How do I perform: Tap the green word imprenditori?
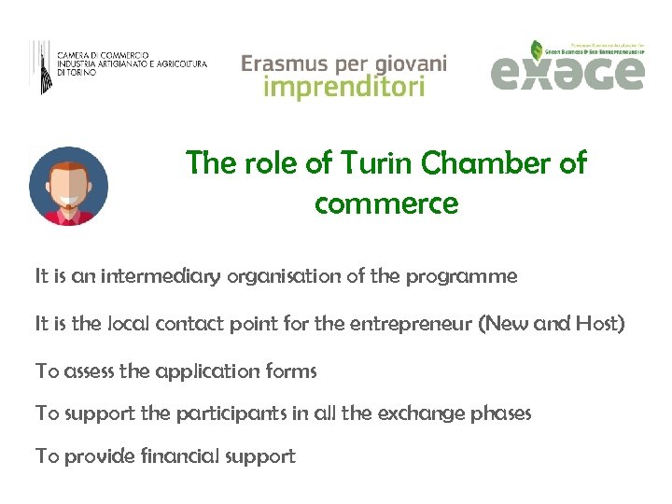(x=343, y=88)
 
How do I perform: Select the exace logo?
(x=567, y=67)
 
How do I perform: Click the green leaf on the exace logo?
(x=538, y=49)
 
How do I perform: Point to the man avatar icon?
(x=68, y=186)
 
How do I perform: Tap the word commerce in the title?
(x=386, y=203)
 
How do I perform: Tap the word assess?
(x=90, y=371)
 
